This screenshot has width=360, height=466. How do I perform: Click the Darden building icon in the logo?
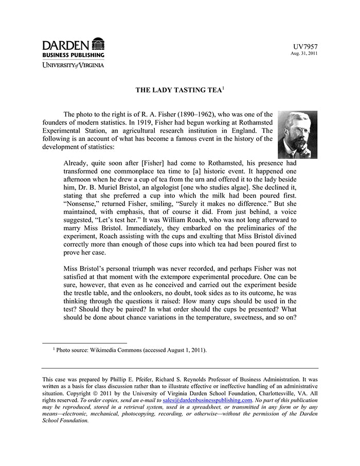tap(97, 44)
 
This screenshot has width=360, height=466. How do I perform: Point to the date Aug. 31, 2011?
tap(304, 53)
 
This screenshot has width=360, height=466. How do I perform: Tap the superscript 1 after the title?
tap(223, 88)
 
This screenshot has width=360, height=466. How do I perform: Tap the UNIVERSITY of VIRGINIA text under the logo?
tap(73, 65)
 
